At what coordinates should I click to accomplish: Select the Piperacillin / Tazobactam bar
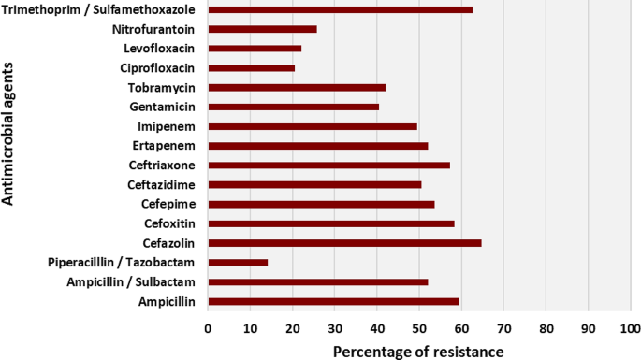pyautogui.click(x=238, y=263)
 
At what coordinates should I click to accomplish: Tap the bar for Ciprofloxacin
pyautogui.click(x=251, y=68)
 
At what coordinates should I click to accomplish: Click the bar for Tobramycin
pyautogui.click(x=297, y=87)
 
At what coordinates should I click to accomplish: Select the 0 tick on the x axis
pyautogui.click(x=208, y=328)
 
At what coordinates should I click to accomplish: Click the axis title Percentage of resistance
pyautogui.click(x=418, y=350)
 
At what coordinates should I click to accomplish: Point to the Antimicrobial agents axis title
pyautogui.click(x=10, y=141)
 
